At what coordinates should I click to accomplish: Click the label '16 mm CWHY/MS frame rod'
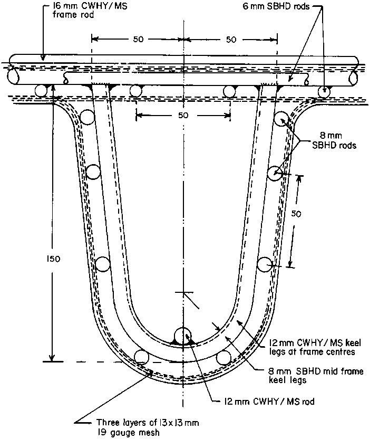(x=90, y=10)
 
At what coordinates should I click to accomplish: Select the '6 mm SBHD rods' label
(x=276, y=6)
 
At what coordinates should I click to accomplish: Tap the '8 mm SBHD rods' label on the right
(x=334, y=140)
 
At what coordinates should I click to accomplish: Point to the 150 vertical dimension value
(x=53, y=259)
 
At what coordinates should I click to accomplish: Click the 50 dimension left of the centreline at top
(x=138, y=39)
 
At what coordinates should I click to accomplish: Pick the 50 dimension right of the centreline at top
(x=231, y=40)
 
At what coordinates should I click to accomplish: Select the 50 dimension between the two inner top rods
(x=183, y=115)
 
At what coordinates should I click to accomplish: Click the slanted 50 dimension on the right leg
(x=296, y=214)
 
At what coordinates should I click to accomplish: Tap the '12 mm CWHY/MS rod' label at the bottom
(x=269, y=402)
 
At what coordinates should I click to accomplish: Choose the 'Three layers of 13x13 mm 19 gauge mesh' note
(x=148, y=427)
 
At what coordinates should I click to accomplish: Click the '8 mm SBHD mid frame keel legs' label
(x=316, y=376)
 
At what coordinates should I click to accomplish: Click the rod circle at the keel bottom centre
(x=183, y=336)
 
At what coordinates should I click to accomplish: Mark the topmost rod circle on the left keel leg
(x=87, y=117)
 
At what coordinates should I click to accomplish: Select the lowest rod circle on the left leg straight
(x=103, y=264)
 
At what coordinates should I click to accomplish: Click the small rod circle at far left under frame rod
(x=41, y=91)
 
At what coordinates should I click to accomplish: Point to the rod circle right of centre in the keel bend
(x=224, y=358)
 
